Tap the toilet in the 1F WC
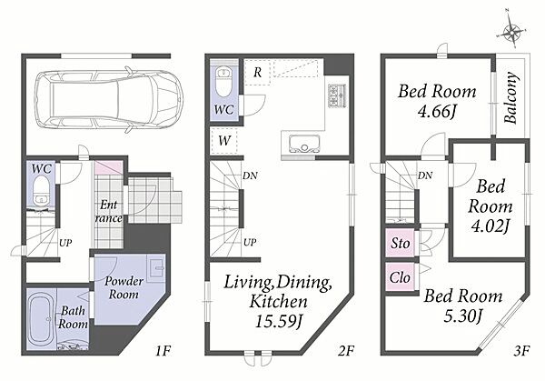tap(41, 190)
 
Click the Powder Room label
tap(124, 287)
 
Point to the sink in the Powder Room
tap(155, 268)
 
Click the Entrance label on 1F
tap(109, 212)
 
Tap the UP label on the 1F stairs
tap(65, 243)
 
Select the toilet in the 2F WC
tap(223, 81)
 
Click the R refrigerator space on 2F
tap(258, 73)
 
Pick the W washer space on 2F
tap(224, 141)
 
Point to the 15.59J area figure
tap(279, 321)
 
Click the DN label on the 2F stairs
tap(251, 176)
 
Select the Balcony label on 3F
tap(510, 98)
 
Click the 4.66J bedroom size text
tap(437, 112)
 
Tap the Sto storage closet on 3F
tap(400, 243)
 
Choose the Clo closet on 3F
tap(400, 277)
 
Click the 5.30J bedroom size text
tap(463, 316)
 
